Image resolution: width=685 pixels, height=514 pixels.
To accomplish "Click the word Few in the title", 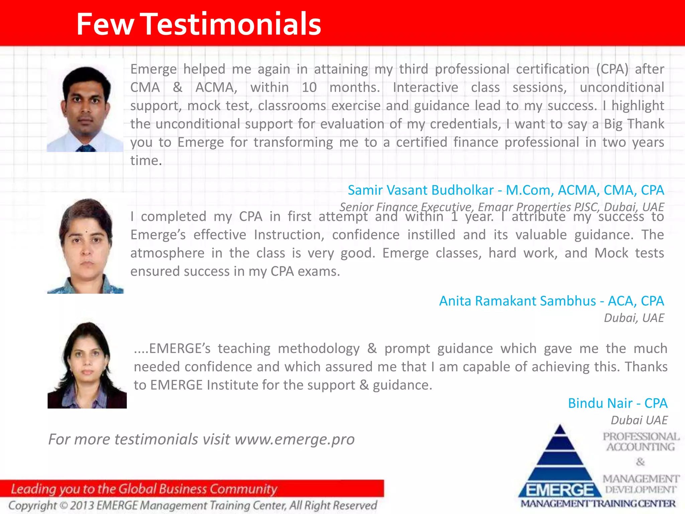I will click(105, 24).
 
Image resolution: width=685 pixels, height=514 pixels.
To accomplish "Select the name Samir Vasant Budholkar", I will click(420, 190).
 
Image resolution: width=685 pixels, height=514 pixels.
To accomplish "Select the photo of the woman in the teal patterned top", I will click(86, 246).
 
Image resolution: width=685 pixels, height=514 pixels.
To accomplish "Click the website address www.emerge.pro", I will click(294, 439).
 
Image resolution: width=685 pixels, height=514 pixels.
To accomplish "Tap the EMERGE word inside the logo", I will click(560, 490).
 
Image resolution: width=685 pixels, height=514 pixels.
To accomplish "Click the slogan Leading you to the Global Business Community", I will click(144, 489).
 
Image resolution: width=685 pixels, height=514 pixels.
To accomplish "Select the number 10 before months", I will click(309, 88).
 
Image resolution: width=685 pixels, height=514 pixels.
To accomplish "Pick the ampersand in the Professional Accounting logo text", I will click(640, 462).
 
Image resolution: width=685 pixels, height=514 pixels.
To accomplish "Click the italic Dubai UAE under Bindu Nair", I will click(639, 420).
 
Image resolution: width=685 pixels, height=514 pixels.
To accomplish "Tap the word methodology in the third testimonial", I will click(318, 349).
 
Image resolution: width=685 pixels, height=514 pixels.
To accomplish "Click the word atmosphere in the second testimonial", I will click(167, 253).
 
